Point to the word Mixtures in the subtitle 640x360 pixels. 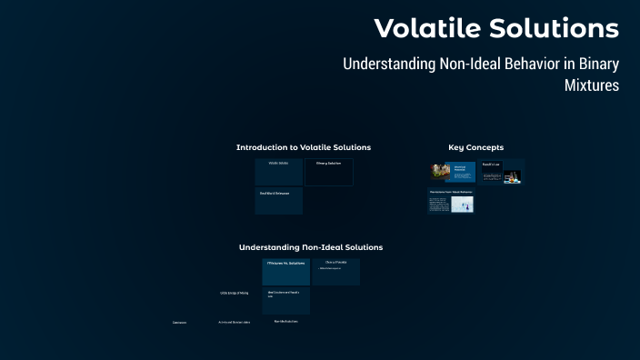click(x=592, y=85)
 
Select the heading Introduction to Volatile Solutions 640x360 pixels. click(x=303, y=147)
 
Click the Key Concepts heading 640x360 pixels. click(x=475, y=147)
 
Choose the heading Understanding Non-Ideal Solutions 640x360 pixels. click(x=310, y=247)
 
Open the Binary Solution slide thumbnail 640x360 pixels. click(x=328, y=172)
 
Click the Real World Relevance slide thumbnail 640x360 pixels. click(x=278, y=201)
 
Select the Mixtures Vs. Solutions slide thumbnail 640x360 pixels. click(x=285, y=272)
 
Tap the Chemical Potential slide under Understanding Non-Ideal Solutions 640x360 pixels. click(x=335, y=271)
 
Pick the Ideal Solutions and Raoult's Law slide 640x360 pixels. click(x=285, y=300)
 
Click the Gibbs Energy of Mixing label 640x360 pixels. click(x=234, y=293)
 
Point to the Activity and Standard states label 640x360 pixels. click(x=234, y=322)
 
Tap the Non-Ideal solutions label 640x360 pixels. click(x=285, y=321)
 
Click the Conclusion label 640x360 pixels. click(x=179, y=322)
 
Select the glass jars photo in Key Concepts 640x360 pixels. click(x=440, y=172)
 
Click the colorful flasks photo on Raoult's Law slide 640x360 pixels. click(x=513, y=176)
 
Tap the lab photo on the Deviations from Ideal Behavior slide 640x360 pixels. click(x=464, y=205)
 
